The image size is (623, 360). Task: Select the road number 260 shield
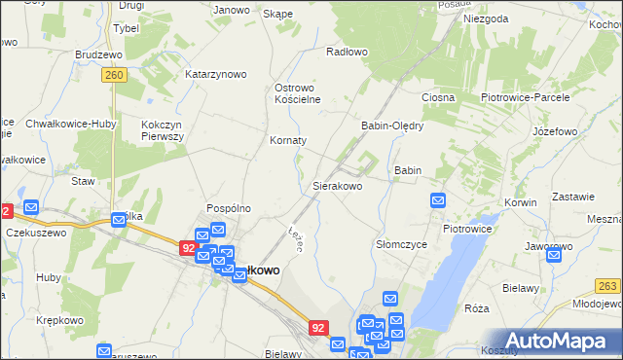[115, 74]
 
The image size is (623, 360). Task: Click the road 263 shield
[608, 285]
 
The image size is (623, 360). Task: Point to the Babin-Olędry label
[392, 126]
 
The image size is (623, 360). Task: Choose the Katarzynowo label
[216, 74]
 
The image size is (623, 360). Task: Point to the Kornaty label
[288, 140]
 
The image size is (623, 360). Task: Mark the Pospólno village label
[229, 208]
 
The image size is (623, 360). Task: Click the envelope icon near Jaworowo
[554, 255]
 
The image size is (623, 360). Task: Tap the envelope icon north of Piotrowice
[438, 200]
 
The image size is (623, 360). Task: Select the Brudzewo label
[103, 55]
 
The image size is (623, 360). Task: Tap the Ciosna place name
[439, 98]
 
